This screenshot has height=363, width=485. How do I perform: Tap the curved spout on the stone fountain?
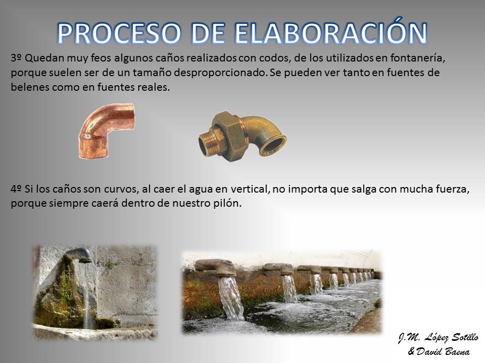click(x=79, y=254)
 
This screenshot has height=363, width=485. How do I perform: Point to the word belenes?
click(x=30, y=87)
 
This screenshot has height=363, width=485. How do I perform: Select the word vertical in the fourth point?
click(x=250, y=189)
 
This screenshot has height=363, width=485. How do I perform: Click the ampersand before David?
click(x=411, y=351)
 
